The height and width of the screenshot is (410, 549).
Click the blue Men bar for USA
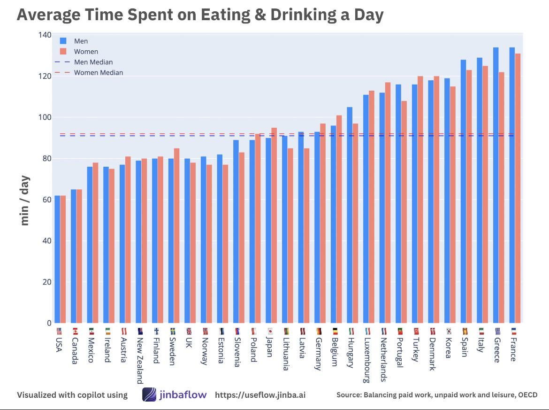click(x=57, y=258)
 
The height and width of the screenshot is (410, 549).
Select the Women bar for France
click(x=518, y=188)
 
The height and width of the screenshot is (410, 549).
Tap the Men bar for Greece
click(x=496, y=186)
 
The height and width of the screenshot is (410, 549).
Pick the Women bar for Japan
click(x=274, y=225)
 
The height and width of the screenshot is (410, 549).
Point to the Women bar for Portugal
click(x=404, y=212)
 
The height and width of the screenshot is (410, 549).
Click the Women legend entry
click(x=86, y=52)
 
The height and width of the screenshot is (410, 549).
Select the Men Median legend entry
click(x=93, y=62)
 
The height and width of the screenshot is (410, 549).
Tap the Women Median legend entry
click(x=99, y=73)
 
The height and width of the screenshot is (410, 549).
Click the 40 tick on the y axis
click(x=46, y=241)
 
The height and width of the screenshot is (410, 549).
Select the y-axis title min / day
click(x=25, y=200)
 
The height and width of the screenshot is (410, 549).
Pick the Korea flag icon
click(x=449, y=331)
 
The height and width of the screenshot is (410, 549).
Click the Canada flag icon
click(x=75, y=331)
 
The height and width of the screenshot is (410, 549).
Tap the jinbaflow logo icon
click(x=149, y=395)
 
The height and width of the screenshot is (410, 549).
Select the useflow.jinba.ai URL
click(x=260, y=395)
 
